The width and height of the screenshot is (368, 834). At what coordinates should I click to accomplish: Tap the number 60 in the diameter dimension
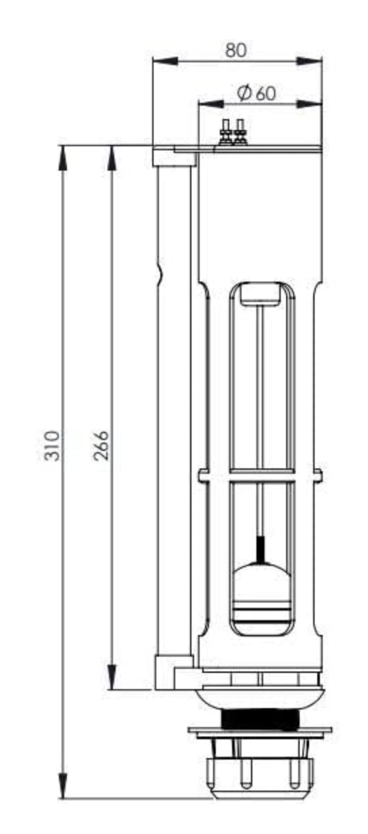266,93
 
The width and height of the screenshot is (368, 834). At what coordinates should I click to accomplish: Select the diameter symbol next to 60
246,93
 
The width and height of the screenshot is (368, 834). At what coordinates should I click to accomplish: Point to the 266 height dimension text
101,445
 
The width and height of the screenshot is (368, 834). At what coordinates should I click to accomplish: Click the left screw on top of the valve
226,133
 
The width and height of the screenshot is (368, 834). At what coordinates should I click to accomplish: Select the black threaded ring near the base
260,718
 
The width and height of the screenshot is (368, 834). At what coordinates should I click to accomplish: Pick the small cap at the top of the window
260,292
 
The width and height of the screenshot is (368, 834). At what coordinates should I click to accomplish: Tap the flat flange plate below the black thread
260,731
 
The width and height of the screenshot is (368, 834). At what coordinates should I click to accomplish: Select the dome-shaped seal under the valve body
260,697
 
